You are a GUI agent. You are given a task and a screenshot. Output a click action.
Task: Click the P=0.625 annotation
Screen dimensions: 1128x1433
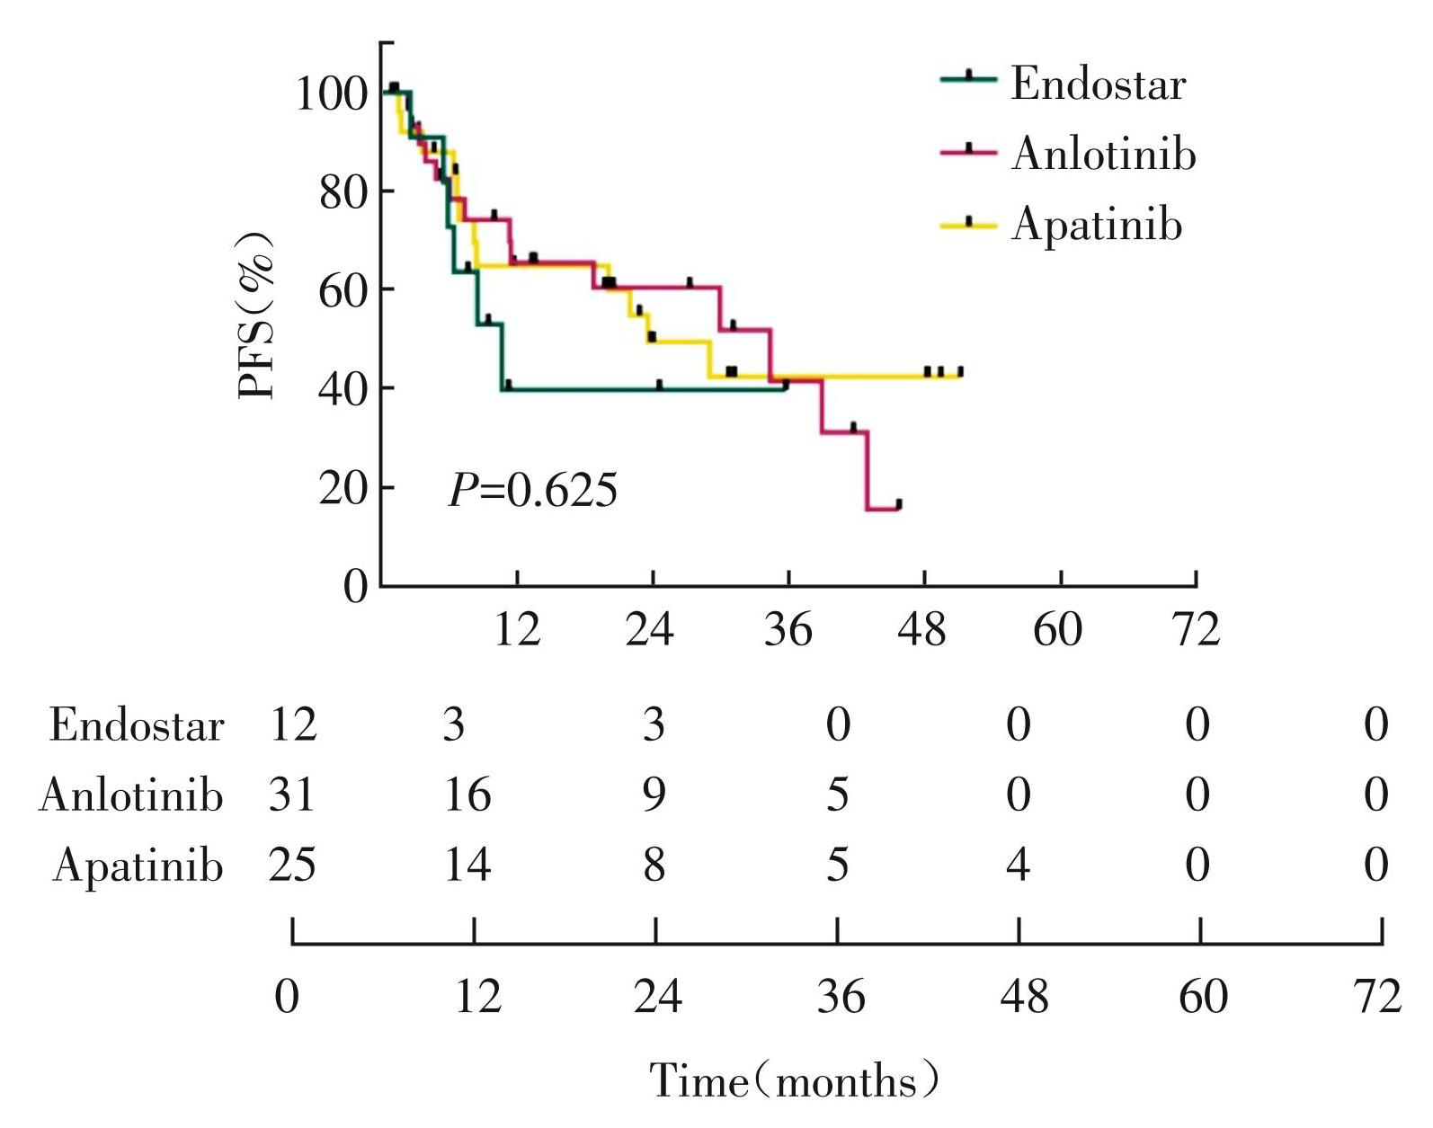(x=533, y=491)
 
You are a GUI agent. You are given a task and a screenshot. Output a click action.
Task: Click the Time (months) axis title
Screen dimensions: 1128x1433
(x=794, y=1080)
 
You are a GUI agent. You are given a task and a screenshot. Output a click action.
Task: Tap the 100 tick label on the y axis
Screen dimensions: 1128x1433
(x=331, y=93)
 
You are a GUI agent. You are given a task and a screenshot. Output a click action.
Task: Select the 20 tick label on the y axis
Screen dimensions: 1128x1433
(x=343, y=488)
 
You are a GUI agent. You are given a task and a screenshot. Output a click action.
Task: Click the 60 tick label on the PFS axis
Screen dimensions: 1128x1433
(x=343, y=290)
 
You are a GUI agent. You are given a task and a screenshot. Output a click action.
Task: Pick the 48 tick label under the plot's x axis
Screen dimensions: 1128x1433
(x=923, y=630)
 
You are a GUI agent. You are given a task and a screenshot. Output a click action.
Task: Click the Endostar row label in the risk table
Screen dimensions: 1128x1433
(x=136, y=725)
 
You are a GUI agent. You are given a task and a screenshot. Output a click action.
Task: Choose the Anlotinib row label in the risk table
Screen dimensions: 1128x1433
(x=130, y=795)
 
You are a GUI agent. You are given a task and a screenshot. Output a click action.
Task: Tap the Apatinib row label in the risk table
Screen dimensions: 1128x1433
(x=138, y=866)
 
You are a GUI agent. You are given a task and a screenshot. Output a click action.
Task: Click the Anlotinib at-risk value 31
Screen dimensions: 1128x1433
(x=292, y=795)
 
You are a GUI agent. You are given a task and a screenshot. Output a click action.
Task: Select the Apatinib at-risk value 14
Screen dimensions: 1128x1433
(x=467, y=866)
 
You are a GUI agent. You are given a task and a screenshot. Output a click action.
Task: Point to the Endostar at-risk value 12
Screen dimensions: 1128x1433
(x=293, y=725)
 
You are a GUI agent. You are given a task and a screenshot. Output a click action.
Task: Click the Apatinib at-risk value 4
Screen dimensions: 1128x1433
(x=1018, y=866)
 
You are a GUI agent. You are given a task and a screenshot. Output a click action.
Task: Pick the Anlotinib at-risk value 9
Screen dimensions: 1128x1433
(x=654, y=795)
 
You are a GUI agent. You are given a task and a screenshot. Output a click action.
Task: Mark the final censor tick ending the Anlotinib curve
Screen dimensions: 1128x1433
(x=898, y=505)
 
